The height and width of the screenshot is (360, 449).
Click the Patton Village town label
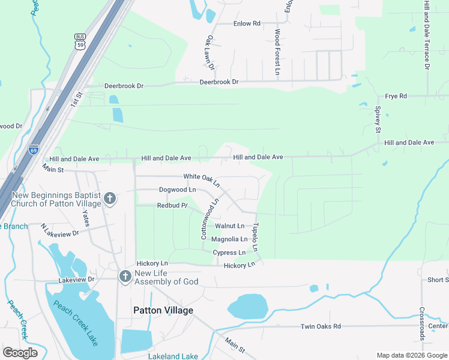pyautogui.click(x=163, y=310)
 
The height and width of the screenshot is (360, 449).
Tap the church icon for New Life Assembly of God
pyautogui.click(x=125, y=277)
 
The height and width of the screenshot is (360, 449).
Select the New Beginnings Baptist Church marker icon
pyautogui.click(x=109, y=198)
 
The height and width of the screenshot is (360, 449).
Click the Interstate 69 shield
pyautogui.click(x=34, y=149)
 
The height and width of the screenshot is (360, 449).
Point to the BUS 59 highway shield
pyautogui.click(x=80, y=41)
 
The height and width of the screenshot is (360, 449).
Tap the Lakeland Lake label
pyautogui.click(x=173, y=356)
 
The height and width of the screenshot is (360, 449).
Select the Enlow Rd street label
pyautogui.click(x=247, y=23)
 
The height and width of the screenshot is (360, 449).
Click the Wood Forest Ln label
pyautogui.click(x=277, y=52)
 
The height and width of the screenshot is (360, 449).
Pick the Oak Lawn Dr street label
pyautogui.click(x=210, y=52)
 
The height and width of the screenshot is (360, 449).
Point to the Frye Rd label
pyautogui.click(x=396, y=96)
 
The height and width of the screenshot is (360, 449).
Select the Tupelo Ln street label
pyautogui.click(x=255, y=237)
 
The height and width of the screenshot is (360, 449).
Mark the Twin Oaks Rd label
pyautogui.click(x=320, y=326)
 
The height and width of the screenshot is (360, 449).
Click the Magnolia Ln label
pyautogui.click(x=229, y=239)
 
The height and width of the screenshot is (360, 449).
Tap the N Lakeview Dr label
pyautogui.click(x=60, y=229)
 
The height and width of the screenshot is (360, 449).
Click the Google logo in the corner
pyautogui.click(x=20, y=353)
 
